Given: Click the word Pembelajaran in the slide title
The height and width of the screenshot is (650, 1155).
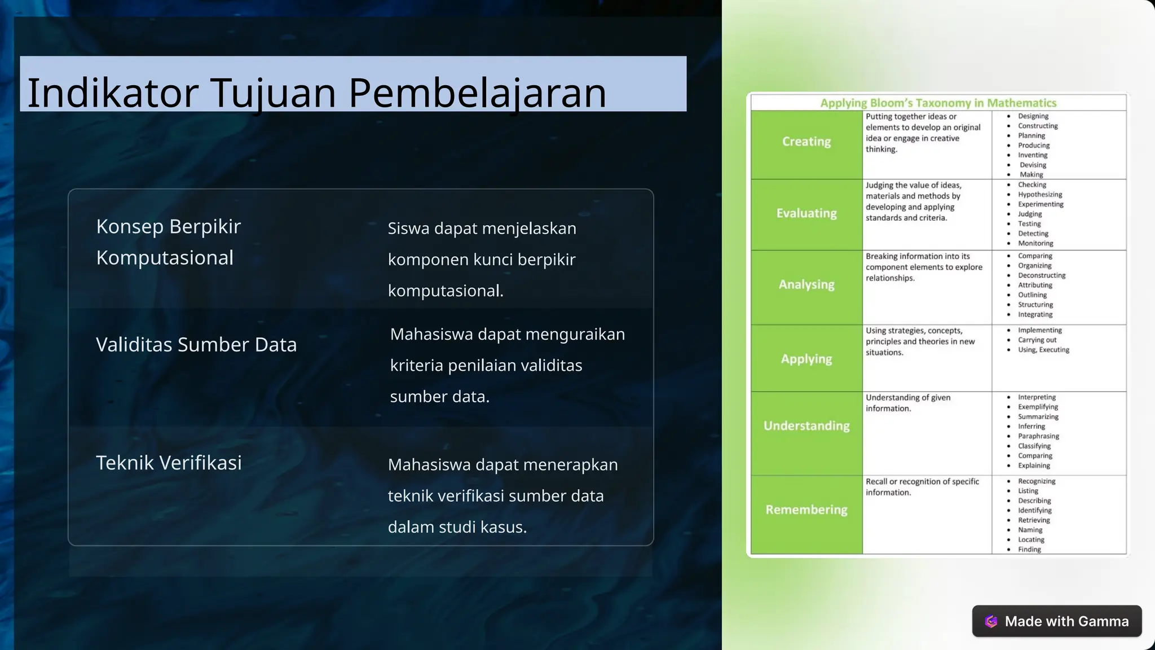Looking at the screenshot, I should point(477,93).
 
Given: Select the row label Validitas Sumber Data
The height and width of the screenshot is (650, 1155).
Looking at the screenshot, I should point(196,345).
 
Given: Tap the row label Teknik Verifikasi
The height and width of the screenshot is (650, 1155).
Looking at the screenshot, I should point(169,463).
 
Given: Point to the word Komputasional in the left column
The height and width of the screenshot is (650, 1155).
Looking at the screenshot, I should point(165,258).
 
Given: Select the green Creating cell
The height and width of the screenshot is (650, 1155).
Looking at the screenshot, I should point(806,142).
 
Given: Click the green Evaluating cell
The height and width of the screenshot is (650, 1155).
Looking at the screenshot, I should point(806,214).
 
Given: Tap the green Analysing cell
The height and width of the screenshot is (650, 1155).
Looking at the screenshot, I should point(806,285).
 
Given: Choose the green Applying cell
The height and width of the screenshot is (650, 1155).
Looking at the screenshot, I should point(806,359).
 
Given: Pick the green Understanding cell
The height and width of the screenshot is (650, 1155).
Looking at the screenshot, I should point(806,426).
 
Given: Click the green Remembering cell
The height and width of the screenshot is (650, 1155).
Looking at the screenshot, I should point(806,510).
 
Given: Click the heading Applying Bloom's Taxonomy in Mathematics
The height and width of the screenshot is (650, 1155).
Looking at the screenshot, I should point(938,103).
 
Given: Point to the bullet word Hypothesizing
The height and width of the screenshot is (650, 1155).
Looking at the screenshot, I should point(1040,195).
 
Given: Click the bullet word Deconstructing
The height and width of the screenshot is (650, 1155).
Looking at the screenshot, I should point(1042,275).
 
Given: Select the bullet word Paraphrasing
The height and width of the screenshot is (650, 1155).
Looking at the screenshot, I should point(1038,436).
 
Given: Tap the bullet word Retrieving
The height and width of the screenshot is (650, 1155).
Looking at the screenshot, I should point(1034,520).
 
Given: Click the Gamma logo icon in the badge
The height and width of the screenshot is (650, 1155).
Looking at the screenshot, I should point(991,621).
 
